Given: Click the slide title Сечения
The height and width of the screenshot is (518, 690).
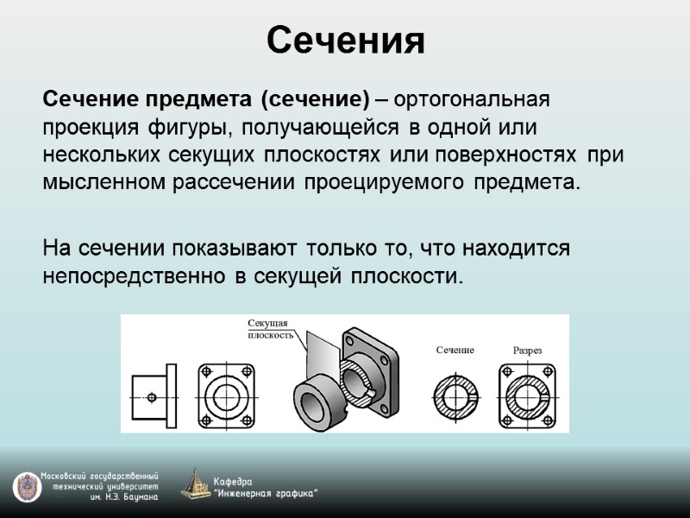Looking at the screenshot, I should point(345,41).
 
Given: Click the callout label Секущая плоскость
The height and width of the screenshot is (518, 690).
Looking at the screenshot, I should point(271,329).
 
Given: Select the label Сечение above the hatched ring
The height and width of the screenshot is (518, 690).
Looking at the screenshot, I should point(455,350).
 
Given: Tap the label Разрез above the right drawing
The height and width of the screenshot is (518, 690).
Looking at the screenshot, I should point(527,350).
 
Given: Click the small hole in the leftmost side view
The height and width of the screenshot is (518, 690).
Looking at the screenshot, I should point(152,397).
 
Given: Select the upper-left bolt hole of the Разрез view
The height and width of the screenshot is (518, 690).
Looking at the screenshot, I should point(506,372).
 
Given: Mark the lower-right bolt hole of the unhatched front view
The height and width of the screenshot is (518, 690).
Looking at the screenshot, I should point(250,420).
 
